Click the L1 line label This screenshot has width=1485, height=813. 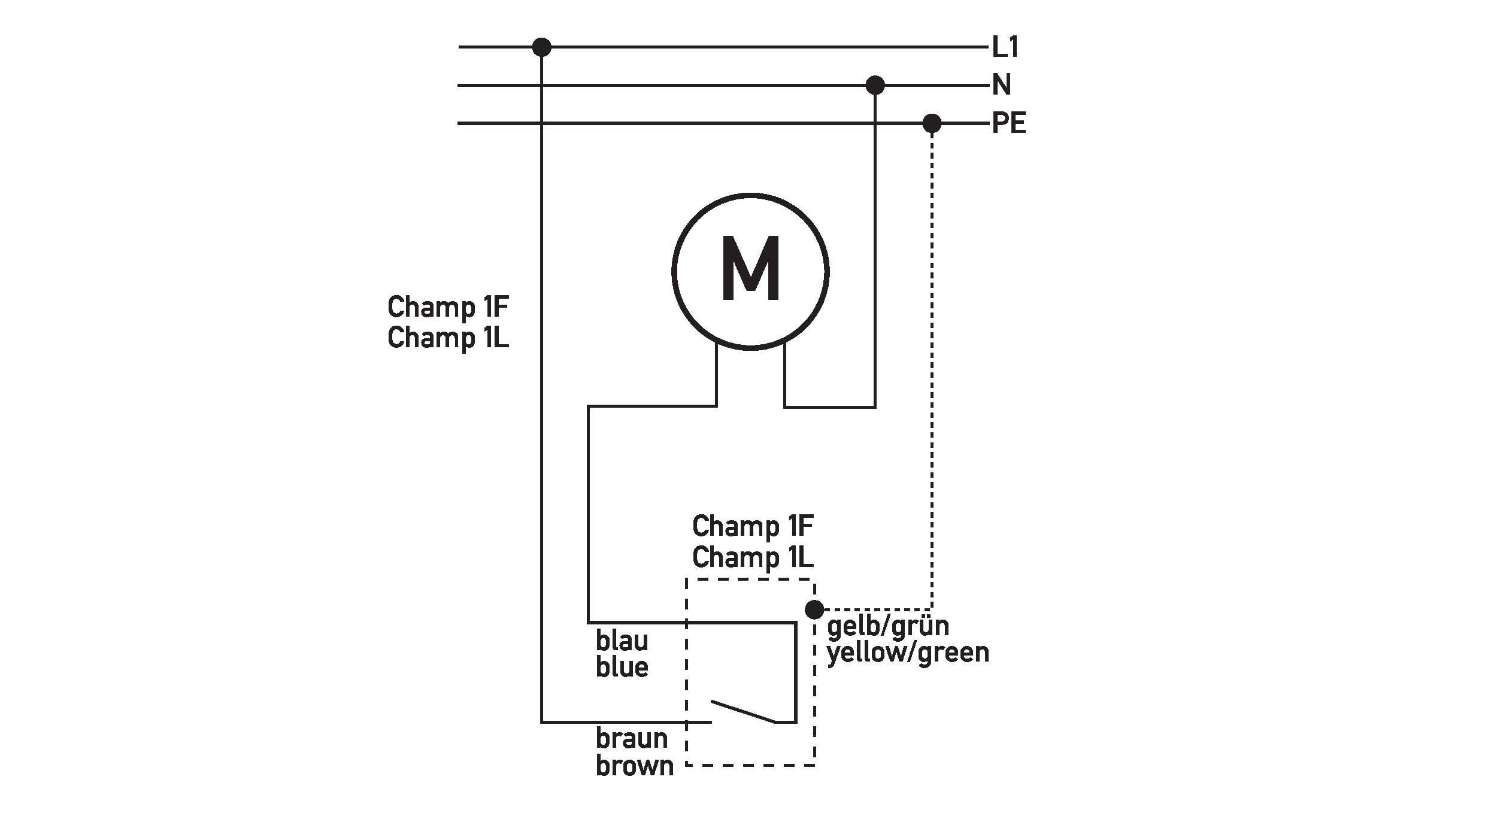1005,47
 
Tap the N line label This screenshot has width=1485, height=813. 1001,85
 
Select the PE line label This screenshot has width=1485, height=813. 1008,124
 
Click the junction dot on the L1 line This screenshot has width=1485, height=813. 541,47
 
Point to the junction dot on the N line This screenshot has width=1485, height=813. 875,85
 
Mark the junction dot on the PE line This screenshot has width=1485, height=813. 932,124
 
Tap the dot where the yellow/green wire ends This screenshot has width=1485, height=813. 814,609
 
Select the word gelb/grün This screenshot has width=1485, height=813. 888,626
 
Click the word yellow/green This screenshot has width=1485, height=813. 908,653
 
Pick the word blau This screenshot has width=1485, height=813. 622,641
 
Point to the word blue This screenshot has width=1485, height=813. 622,667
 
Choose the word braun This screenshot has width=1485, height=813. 632,739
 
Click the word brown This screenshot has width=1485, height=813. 635,766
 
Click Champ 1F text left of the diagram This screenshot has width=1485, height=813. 448,308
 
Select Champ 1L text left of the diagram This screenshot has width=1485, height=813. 448,338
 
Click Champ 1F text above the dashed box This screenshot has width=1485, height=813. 753,527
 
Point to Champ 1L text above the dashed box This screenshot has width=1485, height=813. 753,558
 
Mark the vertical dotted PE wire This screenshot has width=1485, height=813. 932,359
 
